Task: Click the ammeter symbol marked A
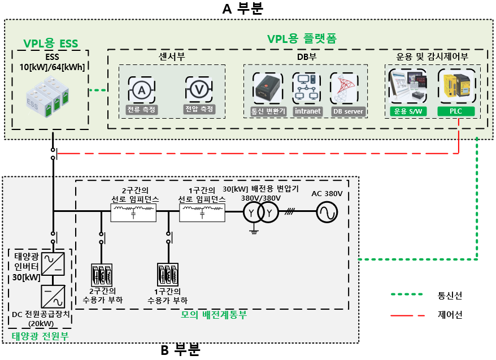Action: pyautogui.click(x=141, y=89)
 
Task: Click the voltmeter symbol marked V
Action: pyautogui.click(x=199, y=89)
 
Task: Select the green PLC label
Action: pyautogui.click(x=456, y=111)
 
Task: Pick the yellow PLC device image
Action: pyautogui.click(x=456, y=87)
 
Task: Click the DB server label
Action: pyautogui.click(x=347, y=111)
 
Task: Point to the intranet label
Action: pyautogui.click(x=307, y=111)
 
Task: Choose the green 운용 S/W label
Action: pyautogui.click(x=410, y=111)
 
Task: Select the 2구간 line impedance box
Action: pyautogui.click(x=132, y=212)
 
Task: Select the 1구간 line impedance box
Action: pyautogui.click(x=202, y=212)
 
